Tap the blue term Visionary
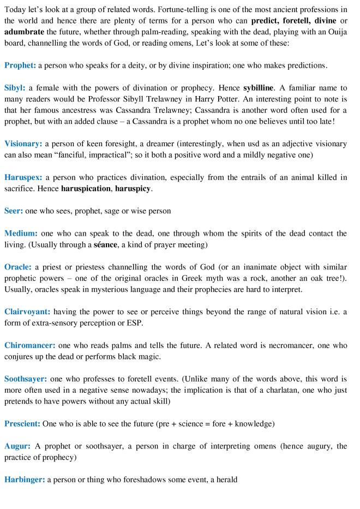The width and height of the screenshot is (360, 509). [x=23, y=144]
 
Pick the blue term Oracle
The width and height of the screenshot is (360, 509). [x=19, y=267]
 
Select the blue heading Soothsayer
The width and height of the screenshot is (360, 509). [x=26, y=379]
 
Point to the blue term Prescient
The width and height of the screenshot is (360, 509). [x=22, y=423]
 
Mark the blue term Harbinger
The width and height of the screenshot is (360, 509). [x=25, y=480]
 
